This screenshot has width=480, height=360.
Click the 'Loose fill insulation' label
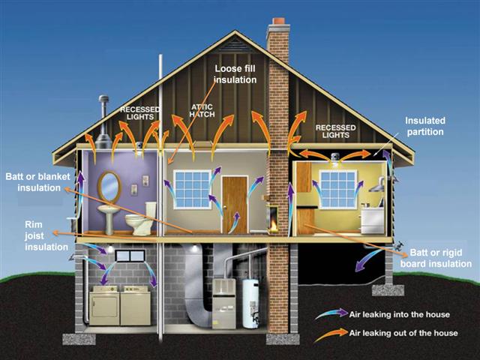tap(235, 74)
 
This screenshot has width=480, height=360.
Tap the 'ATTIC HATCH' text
tap(202, 111)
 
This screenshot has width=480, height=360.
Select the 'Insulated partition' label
tap(425, 126)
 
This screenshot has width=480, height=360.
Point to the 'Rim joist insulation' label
tap(46, 235)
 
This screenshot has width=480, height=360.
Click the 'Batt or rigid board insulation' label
tap(436, 258)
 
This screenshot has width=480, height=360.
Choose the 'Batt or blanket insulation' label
tap(38, 182)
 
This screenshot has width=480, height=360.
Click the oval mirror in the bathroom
tap(109, 187)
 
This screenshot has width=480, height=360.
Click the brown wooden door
tap(235, 205)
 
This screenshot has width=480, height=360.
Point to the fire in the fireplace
tap(273, 226)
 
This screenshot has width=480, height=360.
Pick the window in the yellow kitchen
tap(337, 190)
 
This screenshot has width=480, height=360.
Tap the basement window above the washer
tap(130, 256)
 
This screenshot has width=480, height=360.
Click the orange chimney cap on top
tap(278, 21)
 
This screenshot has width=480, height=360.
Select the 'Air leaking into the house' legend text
tap(400, 315)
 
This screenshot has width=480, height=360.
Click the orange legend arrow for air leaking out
tap(332, 335)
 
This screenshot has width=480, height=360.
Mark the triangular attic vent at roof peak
tap(235, 45)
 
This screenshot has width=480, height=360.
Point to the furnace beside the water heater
tap(223, 303)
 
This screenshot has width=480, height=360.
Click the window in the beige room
tap(192, 190)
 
